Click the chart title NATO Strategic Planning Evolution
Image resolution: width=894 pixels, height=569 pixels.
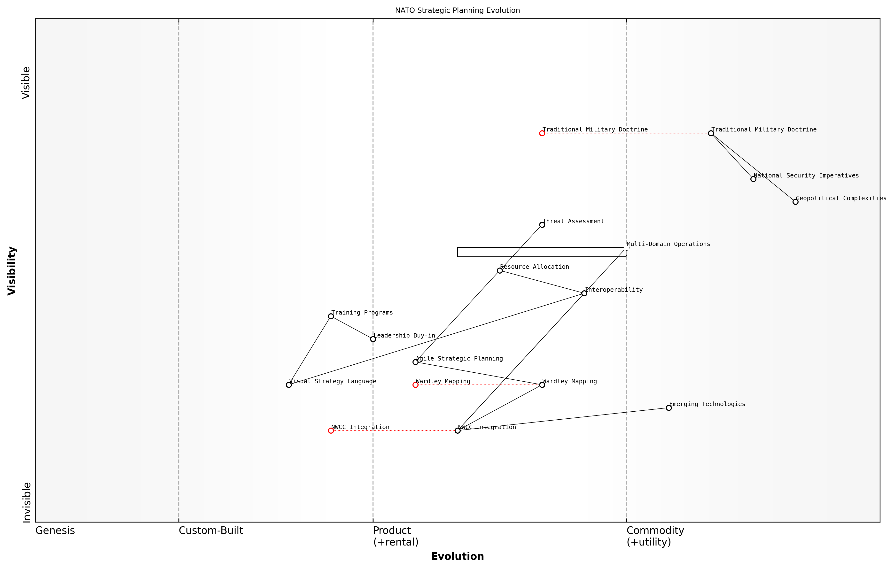click(x=457, y=10)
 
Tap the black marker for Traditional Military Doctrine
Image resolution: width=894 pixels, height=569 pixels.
click(x=711, y=133)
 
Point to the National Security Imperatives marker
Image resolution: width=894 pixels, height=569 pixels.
click(x=753, y=179)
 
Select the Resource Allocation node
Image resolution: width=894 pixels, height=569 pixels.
click(x=499, y=271)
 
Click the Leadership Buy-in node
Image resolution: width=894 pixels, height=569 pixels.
click(x=373, y=339)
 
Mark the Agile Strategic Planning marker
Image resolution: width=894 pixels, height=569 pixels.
click(x=415, y=362)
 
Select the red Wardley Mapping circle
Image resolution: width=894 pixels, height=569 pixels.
click(x=415, y=385)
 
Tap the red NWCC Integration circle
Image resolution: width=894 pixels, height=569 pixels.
click(x=331, y=431)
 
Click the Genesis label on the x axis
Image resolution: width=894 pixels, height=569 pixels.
click(x=55, y=531)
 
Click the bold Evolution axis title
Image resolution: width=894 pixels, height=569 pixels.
click(x=457, y=556)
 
